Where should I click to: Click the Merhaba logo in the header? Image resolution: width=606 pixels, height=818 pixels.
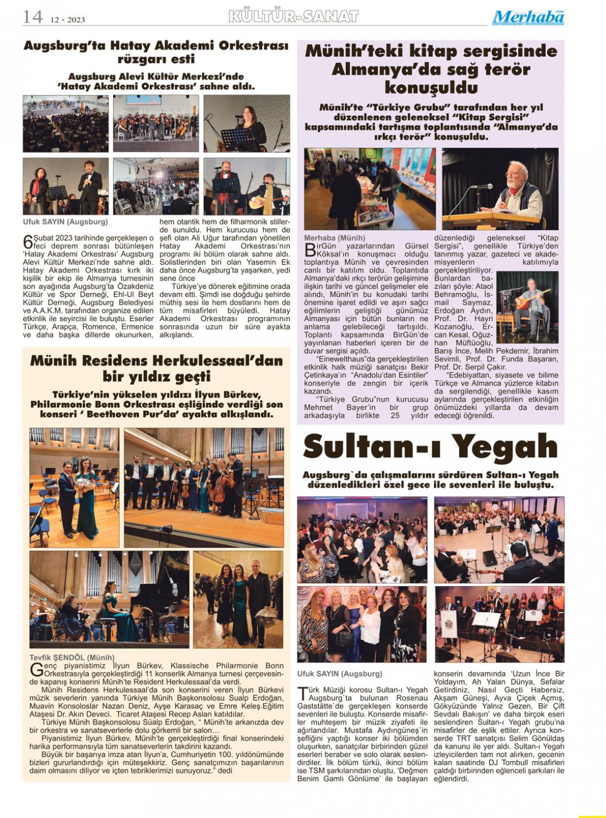(528, 18)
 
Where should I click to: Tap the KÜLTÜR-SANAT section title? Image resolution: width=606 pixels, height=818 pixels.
(293, 17)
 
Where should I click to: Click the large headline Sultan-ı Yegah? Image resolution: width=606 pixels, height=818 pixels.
(430, 447)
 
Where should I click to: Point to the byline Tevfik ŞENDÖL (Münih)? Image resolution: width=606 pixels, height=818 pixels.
(72, 657)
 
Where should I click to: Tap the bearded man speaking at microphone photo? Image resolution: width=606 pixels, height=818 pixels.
(500, 189)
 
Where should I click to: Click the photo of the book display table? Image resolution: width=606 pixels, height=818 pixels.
(370, 189)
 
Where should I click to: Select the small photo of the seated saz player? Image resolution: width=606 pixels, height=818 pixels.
(527, 299)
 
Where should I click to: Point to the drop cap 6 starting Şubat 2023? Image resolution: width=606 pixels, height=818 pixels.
(27, 241)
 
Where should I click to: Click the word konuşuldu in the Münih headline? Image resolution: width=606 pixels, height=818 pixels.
(430, 88)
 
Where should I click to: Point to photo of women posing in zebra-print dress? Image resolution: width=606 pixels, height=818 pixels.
(362, 624)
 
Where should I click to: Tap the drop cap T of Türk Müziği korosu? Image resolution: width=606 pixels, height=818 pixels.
(302, 694)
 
